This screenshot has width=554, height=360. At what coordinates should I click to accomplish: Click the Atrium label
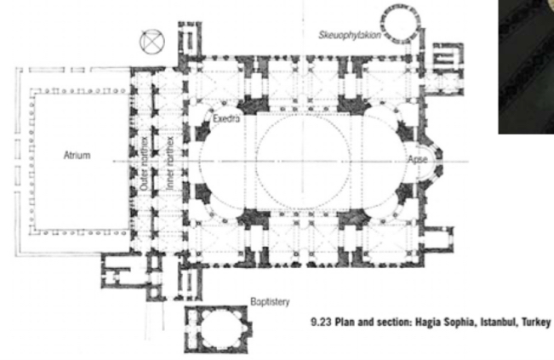click(x=77, y=155)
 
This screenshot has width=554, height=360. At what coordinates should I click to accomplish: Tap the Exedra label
click(x=226, y=118)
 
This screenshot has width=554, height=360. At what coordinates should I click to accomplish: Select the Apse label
click(x=418, y=159)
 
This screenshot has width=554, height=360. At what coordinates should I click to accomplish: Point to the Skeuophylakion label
click(x=350, y=35)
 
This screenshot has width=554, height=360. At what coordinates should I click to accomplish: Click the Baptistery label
click(x=270, y=302)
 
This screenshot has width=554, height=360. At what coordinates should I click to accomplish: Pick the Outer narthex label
click(x=144, y=163)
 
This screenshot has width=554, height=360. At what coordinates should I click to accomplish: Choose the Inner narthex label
click(x=170, y=163)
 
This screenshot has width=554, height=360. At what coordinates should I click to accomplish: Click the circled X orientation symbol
click(x=152, y=42)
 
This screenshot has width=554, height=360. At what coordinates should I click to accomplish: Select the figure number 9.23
click(x=321, y=323)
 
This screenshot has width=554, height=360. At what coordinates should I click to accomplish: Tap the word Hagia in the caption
click(x=426, y=323)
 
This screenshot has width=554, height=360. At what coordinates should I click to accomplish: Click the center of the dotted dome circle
click(x=303, y=161)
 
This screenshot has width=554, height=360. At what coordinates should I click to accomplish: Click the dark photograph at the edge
click(x=526, y=66)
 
